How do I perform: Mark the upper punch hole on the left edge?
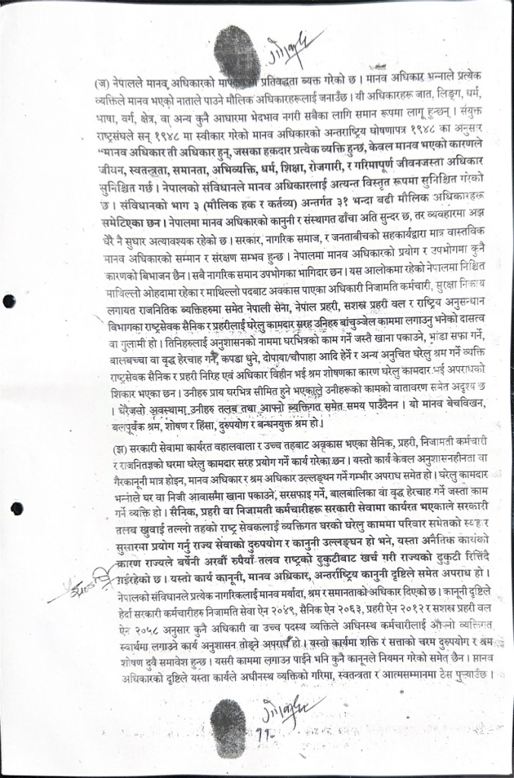[x=9, y=302]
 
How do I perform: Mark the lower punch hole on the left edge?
[x=17, y=509]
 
